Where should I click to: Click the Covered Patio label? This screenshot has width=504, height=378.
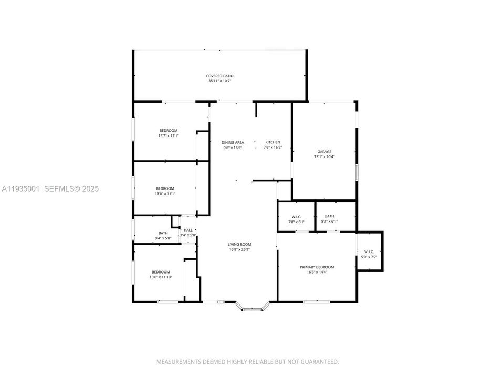[219, 76]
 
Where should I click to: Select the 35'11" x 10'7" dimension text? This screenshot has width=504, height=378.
[219, 81]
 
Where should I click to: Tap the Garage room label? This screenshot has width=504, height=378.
[324, 152]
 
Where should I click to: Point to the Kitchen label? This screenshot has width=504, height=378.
[272, 142]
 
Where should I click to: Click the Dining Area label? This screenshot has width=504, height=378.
[232, 142]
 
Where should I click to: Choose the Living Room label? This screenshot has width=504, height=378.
[239, 244]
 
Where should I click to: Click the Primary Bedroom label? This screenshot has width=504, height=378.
[317, 267]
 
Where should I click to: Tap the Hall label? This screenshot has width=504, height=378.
[188, 230]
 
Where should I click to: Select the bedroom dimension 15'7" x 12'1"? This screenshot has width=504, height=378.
[169, 136]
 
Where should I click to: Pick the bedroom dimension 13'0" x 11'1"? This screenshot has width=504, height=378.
[165, 194]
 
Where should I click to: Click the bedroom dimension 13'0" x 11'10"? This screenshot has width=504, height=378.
[161, 277]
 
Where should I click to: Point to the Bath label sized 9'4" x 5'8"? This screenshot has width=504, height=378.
[163, 233]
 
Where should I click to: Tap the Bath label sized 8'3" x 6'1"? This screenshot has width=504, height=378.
[329, 216]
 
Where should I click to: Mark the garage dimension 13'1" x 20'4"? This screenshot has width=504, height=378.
[324, 157]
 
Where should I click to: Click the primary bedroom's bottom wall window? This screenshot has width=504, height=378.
[317, 301]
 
